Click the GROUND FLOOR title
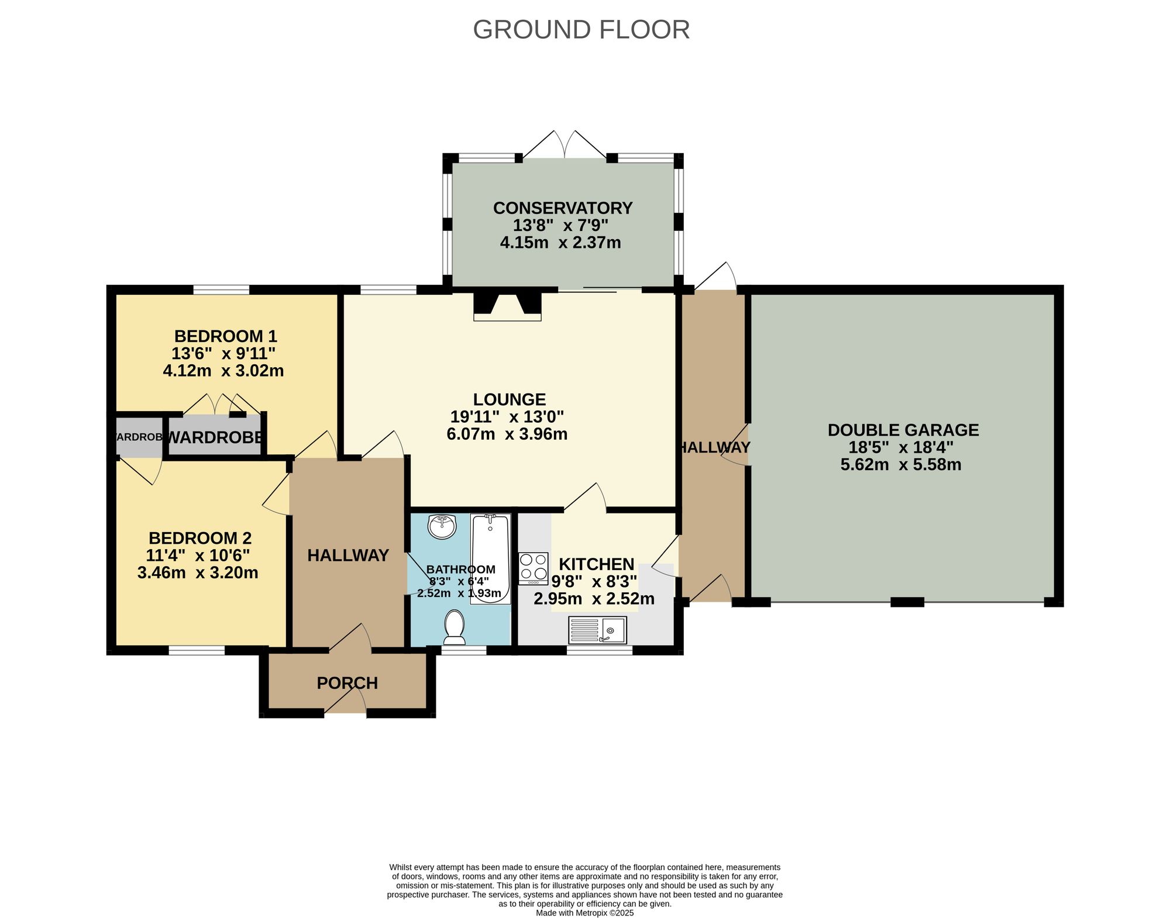tap(581, 30)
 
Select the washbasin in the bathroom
tap(442, 526)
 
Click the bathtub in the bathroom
tap(491, 558)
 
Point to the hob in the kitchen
tap(534, 568)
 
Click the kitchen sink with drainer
tap(597, 631)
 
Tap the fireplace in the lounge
tap(507, 306)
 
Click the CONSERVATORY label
tap(563, 208)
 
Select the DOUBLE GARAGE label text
tap(903, 430)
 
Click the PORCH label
tap(347, 683)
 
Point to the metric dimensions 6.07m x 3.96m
tap(507, 434)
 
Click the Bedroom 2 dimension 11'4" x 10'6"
tap(198, 555)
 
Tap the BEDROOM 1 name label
tap(225, 336)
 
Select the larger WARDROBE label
tap(215, 437)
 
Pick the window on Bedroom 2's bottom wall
tap(197, 650)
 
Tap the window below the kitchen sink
tap(600, 650)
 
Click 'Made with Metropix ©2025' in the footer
tap(584, 913)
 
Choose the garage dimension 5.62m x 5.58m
tap(900, 465)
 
